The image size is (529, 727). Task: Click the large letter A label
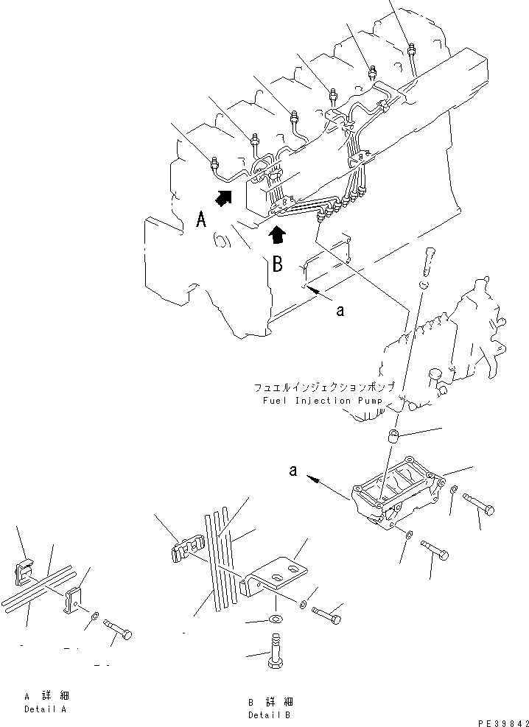[x=201, y=219]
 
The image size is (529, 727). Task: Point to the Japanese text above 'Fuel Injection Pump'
[x=325, y=387]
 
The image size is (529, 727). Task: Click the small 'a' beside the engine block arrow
[x=339, y=311]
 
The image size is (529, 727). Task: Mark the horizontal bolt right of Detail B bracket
[x=326, y=611]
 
